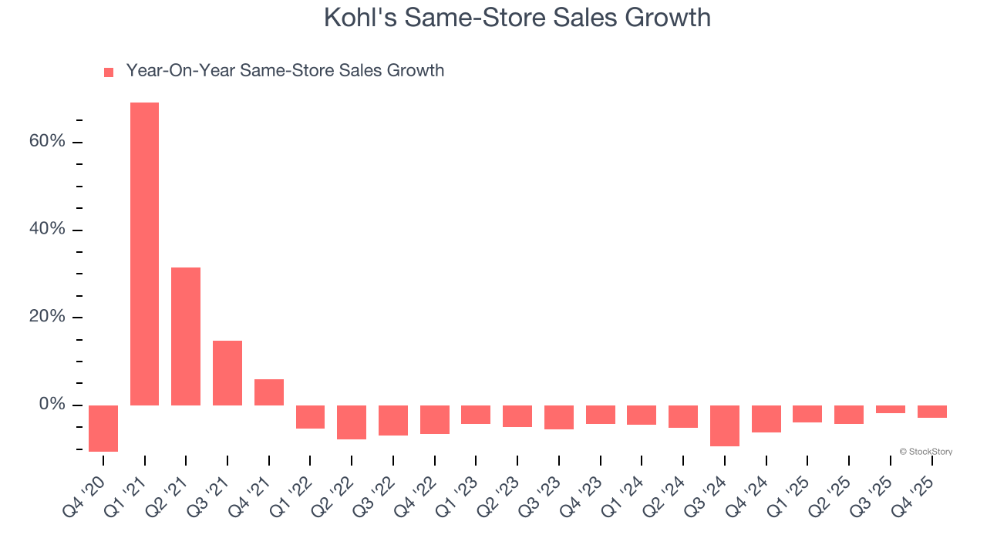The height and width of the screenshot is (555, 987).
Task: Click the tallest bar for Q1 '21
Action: coord(144,254)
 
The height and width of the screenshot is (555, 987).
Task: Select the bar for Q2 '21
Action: coord(186,336)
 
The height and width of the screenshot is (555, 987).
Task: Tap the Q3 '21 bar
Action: coord(227,373)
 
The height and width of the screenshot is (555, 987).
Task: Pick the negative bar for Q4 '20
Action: coord(103,429)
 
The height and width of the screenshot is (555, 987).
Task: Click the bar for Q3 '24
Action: coord(725,425)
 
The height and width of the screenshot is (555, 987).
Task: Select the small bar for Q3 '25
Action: coord(891,409)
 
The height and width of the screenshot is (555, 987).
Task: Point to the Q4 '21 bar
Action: coord(269,392)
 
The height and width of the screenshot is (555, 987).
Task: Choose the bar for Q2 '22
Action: coord(352,422)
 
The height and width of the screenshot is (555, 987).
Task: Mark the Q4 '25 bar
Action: coord(931,412)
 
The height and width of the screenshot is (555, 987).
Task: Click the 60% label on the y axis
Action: coord(47,142)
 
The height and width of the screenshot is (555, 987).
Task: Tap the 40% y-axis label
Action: coord(47,230)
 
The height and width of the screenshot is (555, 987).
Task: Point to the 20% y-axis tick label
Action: coord(47,318)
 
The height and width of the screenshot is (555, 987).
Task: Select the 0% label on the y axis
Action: coord(52,405)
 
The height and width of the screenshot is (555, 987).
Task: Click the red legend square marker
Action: coord(109,72)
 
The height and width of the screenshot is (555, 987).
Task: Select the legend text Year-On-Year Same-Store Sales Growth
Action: coord(285,71)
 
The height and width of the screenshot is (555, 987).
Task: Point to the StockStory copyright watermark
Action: coord(926,452)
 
